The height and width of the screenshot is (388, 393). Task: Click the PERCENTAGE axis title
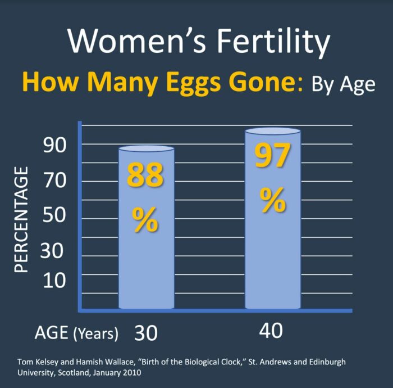(x=21, y=219)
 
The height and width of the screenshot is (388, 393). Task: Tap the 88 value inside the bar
(x=145, y=175)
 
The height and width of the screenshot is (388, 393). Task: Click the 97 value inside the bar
(x=273, y=156)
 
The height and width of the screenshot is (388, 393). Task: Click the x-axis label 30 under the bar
(x=146, y=333)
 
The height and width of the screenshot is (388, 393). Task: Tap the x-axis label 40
(x=271, y=331)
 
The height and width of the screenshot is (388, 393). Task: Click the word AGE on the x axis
(x=52, y=333)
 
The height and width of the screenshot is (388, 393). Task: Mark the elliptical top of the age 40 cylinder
(x=273, y=132)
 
